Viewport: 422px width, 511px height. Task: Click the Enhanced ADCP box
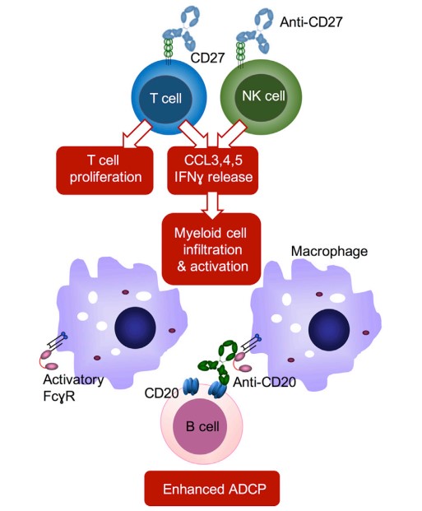[x=211, y=489]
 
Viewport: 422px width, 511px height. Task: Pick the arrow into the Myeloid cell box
[x=211, y=201]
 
